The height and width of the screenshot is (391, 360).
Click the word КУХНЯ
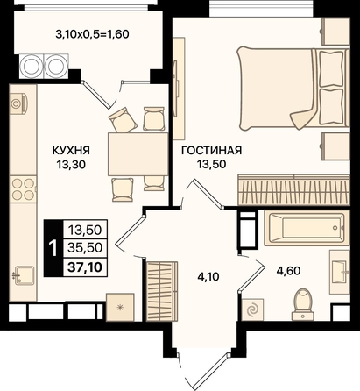71,151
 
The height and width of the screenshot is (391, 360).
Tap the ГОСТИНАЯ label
212,151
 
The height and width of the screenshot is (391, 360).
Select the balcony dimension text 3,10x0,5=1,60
92,34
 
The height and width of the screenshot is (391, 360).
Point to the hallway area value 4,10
208,276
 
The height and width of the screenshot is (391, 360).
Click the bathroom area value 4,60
288,271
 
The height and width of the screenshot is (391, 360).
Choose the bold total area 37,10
85,267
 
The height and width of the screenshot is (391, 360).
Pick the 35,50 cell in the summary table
85,248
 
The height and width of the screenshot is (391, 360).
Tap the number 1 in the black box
53,248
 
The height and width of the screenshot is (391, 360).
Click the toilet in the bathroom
303,304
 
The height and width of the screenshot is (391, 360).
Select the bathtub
307,228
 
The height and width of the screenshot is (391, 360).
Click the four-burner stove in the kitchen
23,189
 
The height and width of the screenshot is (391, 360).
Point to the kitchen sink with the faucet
23,275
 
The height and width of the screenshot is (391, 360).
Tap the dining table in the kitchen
138,154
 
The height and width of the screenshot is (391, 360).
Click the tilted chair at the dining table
123,119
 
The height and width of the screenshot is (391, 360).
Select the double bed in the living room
293,89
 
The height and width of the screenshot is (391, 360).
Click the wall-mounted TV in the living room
176,89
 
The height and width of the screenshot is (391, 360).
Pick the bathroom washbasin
340,272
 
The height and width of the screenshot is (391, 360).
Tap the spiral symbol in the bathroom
252,310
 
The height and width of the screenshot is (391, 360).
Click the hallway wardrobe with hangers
161,291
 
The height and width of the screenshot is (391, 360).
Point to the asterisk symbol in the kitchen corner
120,307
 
